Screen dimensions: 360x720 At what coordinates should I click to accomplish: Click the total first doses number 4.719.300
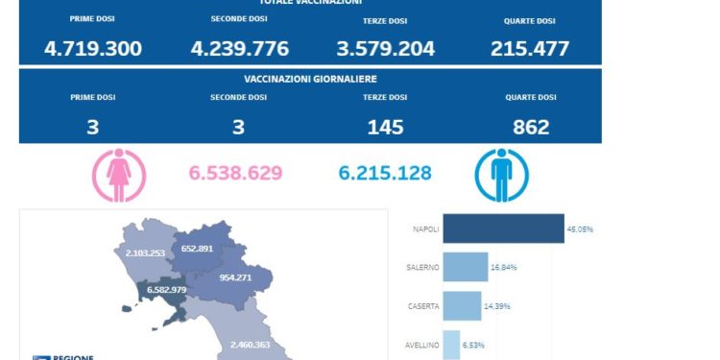92,48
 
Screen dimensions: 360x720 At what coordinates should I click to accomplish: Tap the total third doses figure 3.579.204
385,48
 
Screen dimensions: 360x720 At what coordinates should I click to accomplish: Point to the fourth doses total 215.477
530,48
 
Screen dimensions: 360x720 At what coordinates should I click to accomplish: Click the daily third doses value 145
385,127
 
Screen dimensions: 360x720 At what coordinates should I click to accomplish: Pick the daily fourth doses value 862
530,127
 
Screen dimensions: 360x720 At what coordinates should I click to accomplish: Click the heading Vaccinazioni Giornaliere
310,79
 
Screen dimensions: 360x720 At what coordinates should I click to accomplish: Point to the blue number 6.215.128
385,174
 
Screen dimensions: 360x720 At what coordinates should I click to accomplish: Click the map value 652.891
203,247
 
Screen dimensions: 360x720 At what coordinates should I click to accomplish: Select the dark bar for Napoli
503,228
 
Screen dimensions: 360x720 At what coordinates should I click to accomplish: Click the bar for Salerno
466,267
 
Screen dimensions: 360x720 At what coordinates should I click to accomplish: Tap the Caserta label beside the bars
423,306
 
